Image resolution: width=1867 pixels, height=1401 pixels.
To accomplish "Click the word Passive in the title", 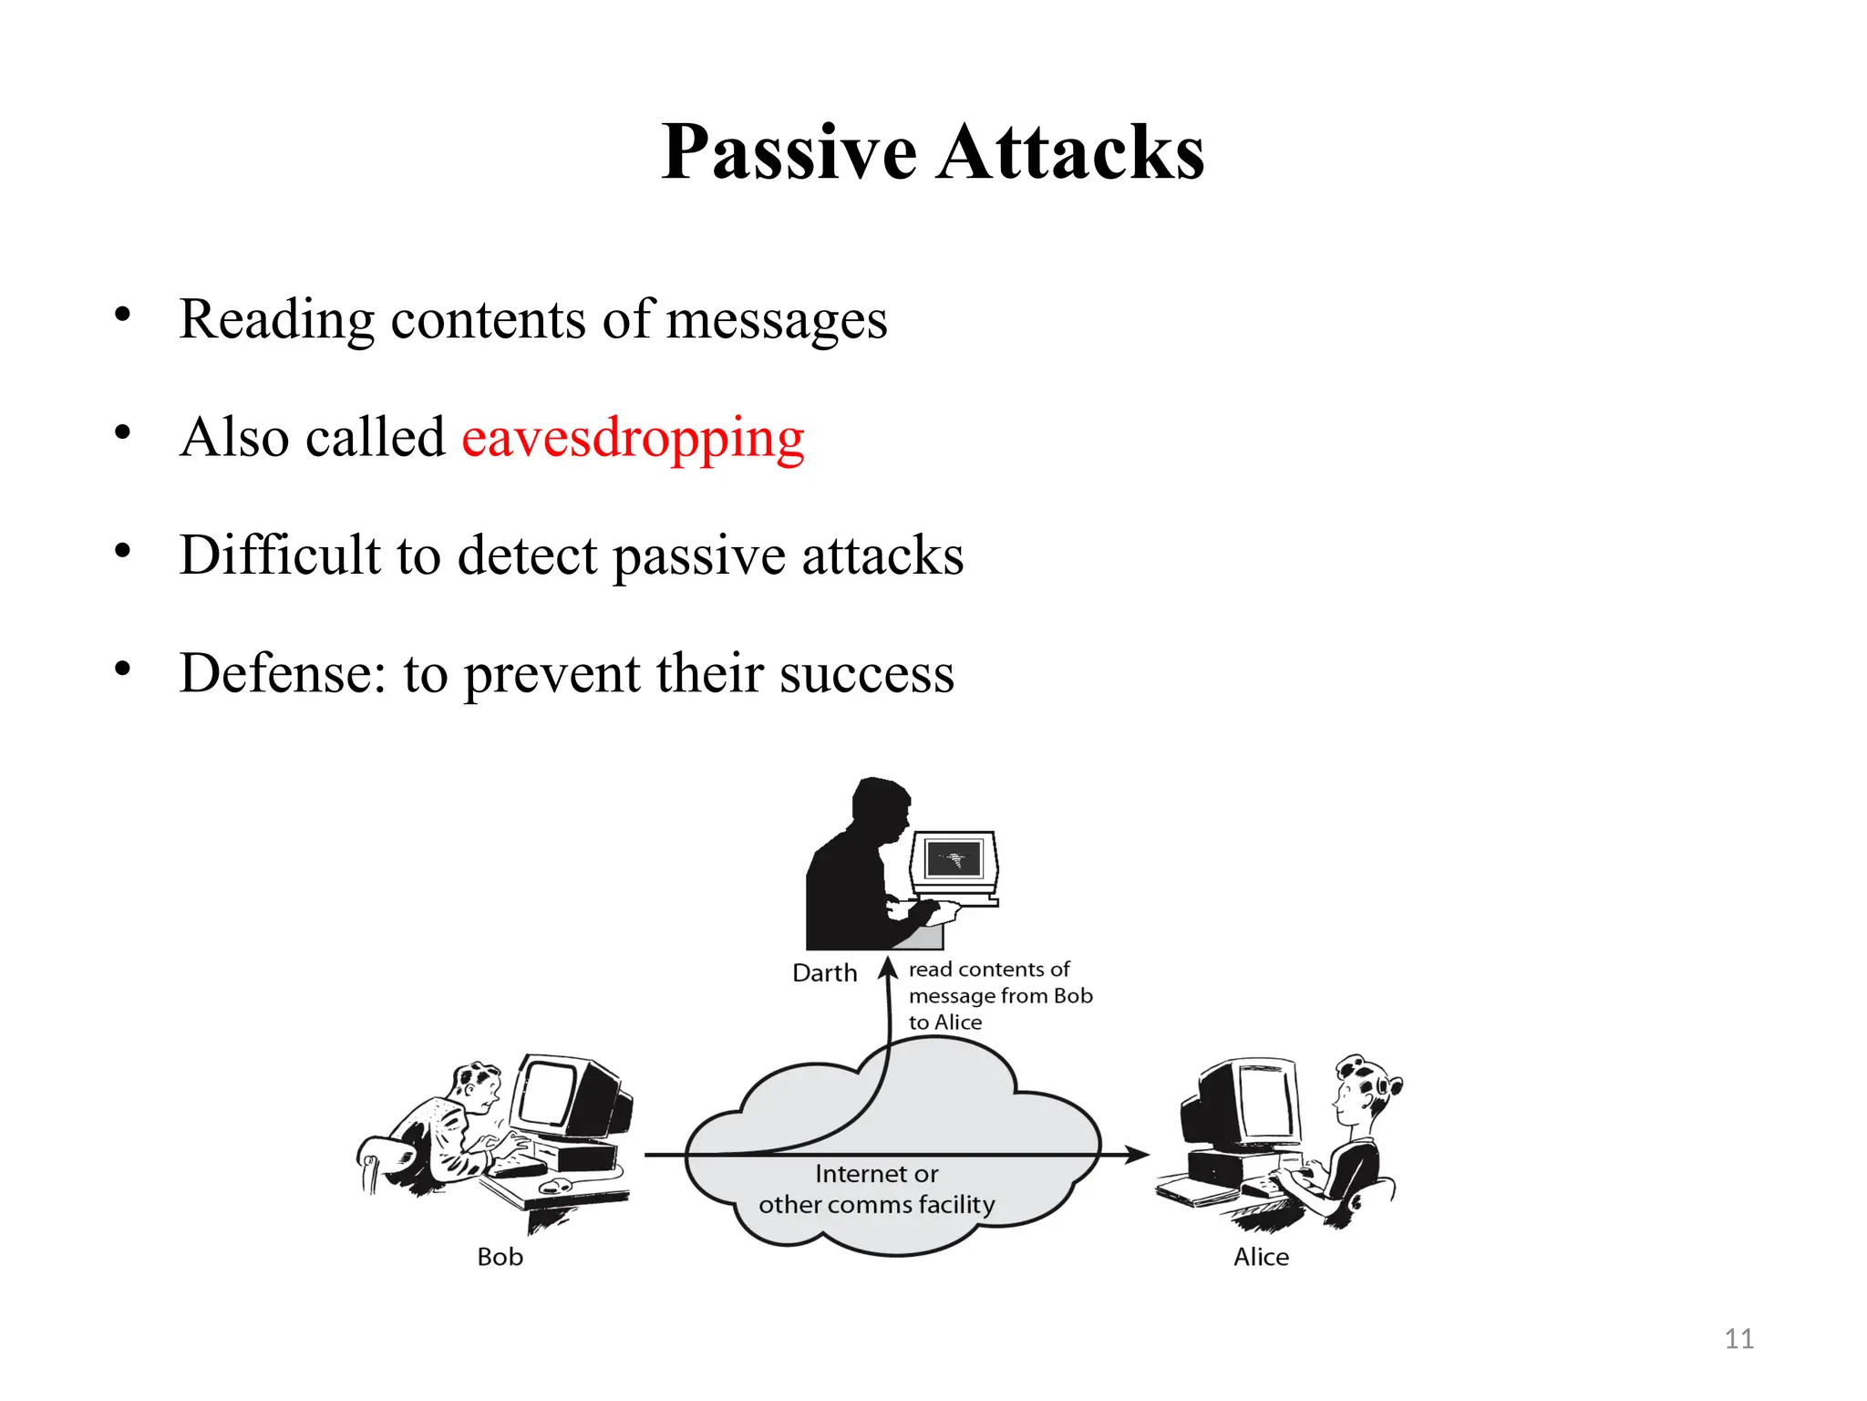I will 789,152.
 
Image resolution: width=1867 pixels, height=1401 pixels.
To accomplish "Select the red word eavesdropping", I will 633,438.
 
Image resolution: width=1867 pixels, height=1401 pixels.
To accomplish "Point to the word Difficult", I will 280,555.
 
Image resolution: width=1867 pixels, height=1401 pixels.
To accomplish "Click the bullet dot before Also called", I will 122,432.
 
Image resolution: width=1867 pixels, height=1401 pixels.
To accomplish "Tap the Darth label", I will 824,973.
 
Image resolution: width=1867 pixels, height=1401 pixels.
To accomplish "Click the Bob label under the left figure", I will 500,1257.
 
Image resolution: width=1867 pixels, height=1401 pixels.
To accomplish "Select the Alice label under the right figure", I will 1261,1257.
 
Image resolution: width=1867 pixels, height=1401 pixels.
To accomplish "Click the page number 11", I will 1738,1339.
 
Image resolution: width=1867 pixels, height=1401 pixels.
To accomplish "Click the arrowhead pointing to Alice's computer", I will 1137,1155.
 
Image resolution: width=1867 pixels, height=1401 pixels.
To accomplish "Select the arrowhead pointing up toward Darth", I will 889,967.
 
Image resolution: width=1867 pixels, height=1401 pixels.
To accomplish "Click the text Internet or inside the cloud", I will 876,1174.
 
